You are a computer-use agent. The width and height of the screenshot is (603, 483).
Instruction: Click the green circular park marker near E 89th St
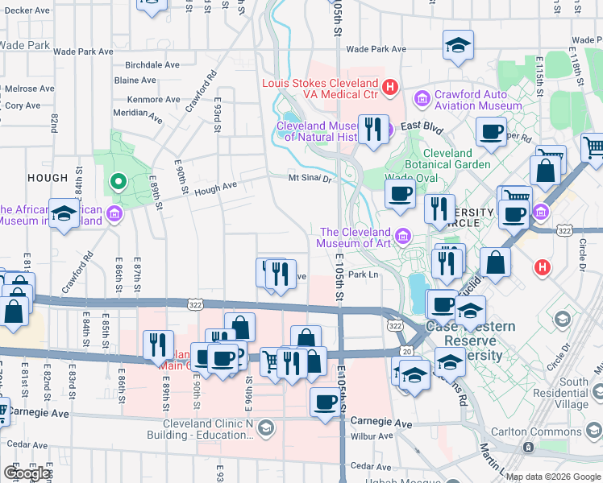(x=119, y=181)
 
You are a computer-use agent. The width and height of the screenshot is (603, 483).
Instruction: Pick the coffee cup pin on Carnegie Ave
(x=326, y=401)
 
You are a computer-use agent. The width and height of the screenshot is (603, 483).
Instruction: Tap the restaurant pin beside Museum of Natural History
(x=372, y=129)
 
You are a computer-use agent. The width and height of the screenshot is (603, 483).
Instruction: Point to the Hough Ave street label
(x=215, y=187)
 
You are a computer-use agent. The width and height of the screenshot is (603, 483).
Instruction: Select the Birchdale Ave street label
(x=157, y=66)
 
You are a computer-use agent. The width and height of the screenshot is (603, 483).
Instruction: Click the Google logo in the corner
(x=26, y=473)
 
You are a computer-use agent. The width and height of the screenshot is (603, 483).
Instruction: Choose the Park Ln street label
(x=363, y=275)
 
